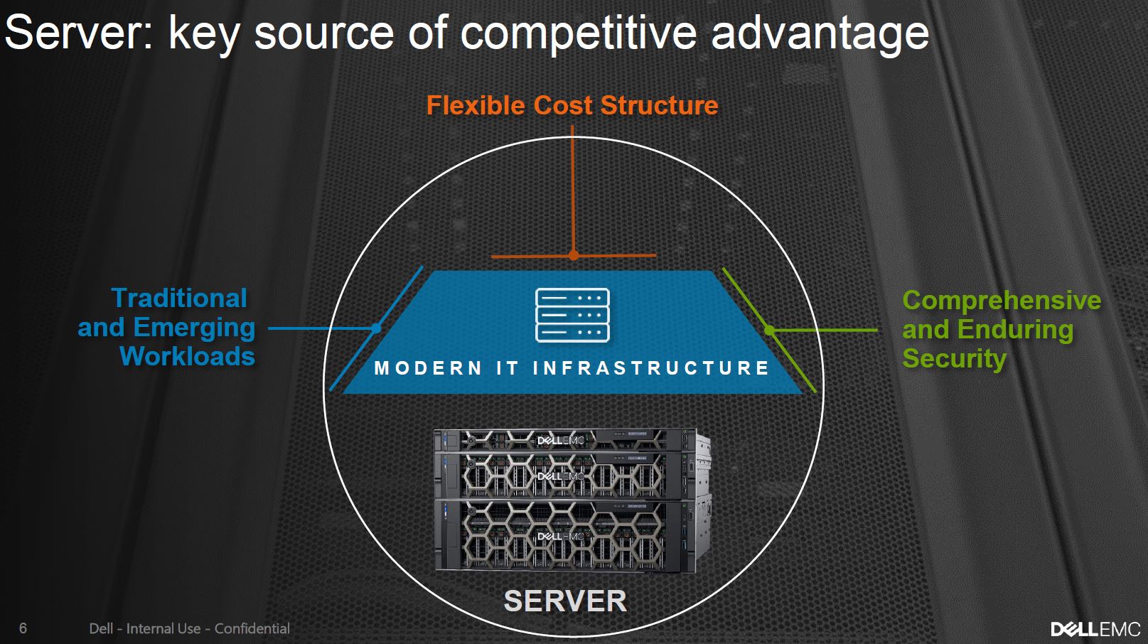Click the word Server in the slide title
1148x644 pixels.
tap(77, 33)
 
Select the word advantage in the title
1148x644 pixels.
tap(820, 34)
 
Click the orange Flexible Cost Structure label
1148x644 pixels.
tap(572, 105)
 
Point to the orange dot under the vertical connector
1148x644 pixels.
tap(574, 255)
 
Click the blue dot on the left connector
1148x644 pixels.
tap(377, 328)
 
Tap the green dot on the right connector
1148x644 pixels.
tap(770, 330)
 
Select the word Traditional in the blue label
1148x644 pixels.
tap(179, 298)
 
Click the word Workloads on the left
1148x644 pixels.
tap(187, 356)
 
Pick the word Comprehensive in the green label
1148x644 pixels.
tap(1002, 300)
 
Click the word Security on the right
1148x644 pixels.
tap(954, 358)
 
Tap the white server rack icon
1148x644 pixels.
tap(572, 315)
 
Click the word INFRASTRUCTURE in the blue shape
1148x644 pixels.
tap(650, 368)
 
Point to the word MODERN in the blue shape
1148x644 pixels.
tap(428, 368)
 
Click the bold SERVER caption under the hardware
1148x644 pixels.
tap(565, 601)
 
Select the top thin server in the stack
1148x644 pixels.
tap(565, 440)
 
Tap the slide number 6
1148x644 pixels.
tap(23, 628)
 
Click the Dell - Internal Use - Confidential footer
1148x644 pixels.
tap(189, 628)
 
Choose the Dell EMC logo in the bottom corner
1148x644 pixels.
tap(1095, 629)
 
